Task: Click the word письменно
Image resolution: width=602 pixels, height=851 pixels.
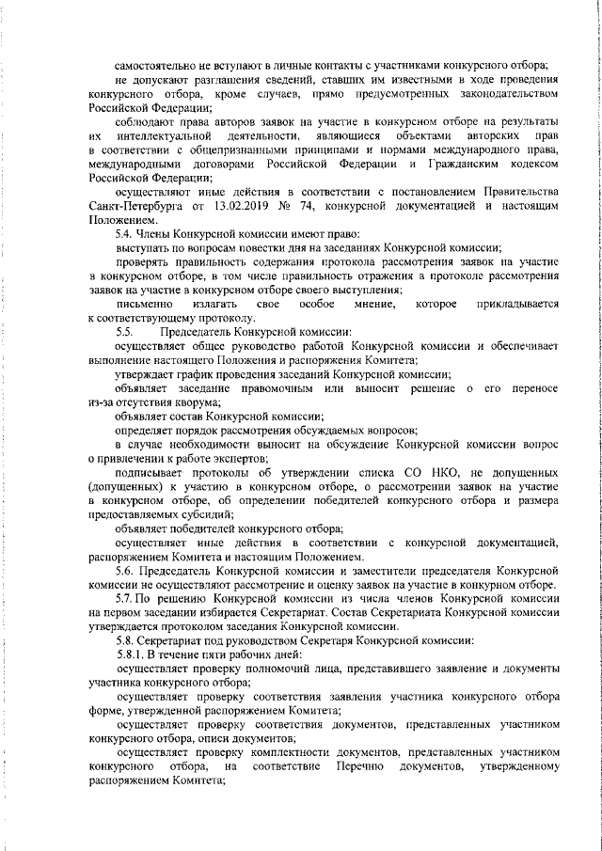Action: tap(143, 304)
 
